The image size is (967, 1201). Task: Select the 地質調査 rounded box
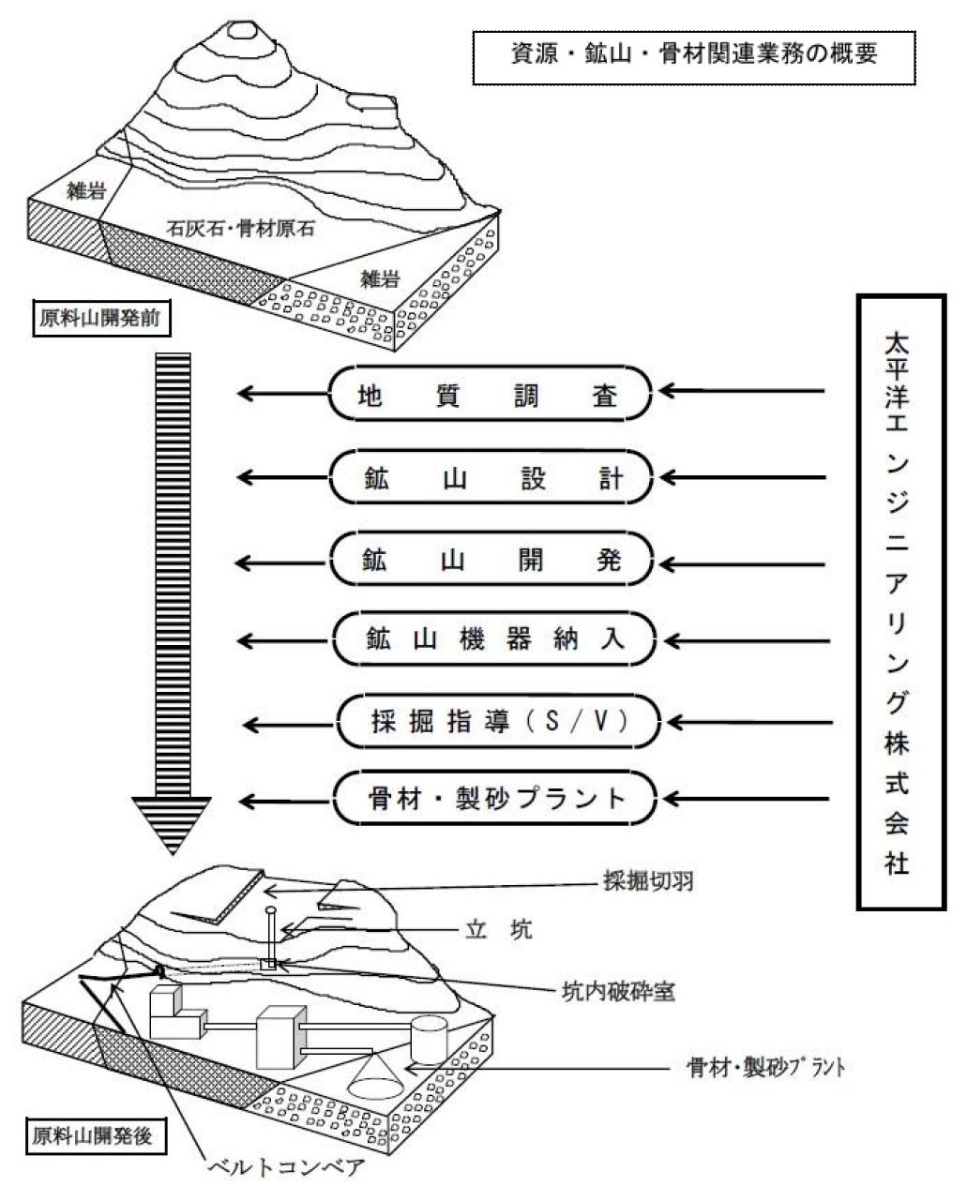point(491,395)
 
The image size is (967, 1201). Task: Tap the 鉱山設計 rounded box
point(491,479)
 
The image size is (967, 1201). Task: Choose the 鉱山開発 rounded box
point(491,561)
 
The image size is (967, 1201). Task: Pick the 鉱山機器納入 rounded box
point(491,641)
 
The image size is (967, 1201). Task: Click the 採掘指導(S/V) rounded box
point(497,723)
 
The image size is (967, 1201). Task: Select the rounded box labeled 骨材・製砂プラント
point(493,799)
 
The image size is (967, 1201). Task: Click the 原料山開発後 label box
point(90,1137)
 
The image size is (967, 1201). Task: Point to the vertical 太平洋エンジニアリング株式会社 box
point(899,602)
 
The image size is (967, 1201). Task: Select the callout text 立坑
point(499,929)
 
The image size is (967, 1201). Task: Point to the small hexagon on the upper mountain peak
point(245,25)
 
